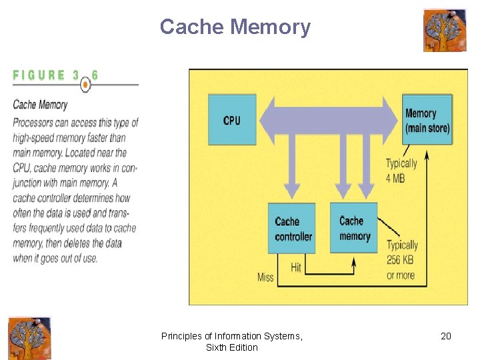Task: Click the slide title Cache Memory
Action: tap(235, 27)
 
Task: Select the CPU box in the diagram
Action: tap(231, 120)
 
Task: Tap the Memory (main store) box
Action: tap(427, 120)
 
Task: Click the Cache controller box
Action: tap(292, 229)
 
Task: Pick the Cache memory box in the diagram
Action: tap(354, 228)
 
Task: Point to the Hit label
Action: tap(296, 267)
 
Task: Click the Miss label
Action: tap(265, 277)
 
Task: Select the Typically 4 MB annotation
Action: tap(401, 169)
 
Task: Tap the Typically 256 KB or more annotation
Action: tap(402, 260)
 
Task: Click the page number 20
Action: tap(446, 336)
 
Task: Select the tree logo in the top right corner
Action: tap(445, 31)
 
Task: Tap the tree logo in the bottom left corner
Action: tap(29, 338)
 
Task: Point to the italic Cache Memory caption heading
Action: tap(40, 105)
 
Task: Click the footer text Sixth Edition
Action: tap(231, 347)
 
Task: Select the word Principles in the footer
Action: tap(180, 336)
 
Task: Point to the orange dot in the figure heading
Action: tap(85, 85)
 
